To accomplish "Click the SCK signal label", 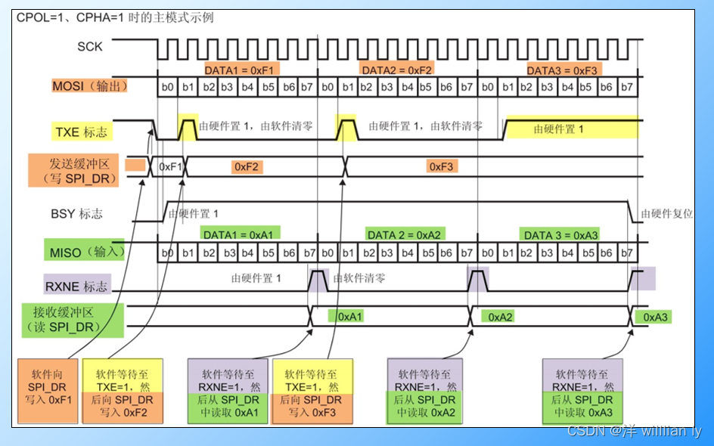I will [90, 47].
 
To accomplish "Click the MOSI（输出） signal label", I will [89, 86].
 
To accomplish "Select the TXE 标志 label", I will [81, 132].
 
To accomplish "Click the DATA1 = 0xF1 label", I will [241, 70].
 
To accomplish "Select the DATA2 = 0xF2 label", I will [398, 70].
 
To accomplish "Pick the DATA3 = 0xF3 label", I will [563, 70].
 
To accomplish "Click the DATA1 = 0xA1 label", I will [241, 234].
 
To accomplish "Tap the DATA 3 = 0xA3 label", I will [560, 235].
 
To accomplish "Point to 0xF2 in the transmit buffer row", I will [248, 166].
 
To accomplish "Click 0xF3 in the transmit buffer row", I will [441, 166].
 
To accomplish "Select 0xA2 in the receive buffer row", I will [500, 317].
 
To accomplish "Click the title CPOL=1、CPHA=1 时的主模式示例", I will [115, 17].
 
